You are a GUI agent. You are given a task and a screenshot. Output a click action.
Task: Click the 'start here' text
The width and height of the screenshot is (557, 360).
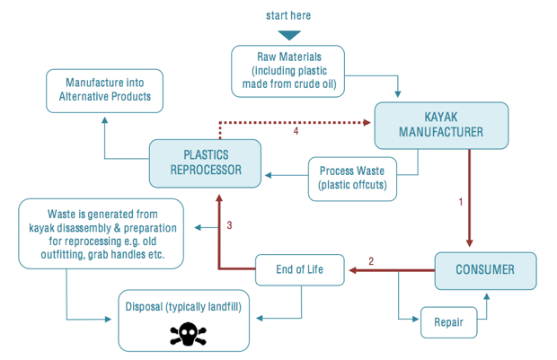tap(288, 15)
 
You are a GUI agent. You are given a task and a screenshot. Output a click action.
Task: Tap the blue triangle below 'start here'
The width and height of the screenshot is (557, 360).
tap(288, 35)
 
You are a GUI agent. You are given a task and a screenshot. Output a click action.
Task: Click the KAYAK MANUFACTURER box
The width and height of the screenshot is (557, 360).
tap(441, 125)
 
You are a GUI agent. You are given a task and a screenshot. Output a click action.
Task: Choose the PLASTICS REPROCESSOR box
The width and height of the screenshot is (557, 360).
tap(207, 162)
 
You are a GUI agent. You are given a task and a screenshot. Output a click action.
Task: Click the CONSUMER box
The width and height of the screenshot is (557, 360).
tap(485, 270)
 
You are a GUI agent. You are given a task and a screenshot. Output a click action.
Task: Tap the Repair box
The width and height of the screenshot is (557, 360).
tap(448, 322)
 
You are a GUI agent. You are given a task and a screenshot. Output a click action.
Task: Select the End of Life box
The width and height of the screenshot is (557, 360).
tap(299, 269)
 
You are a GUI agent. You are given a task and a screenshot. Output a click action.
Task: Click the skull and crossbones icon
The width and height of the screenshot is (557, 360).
tap(189, 335)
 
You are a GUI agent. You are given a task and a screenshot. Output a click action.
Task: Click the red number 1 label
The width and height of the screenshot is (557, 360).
tap(461, 203)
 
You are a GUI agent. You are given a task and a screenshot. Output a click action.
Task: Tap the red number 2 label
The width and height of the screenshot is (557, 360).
tap(371, 261)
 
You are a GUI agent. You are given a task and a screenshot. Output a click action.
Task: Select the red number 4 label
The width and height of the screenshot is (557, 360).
tap(296, 131)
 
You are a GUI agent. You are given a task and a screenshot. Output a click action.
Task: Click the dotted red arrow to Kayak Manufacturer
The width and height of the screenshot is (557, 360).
tap(296, 121)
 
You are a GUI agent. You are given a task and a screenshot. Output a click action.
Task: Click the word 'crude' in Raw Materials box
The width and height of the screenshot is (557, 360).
tap(296, 86)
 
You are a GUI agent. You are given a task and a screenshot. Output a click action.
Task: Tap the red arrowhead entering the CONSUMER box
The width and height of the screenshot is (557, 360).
tap(469, 242)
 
